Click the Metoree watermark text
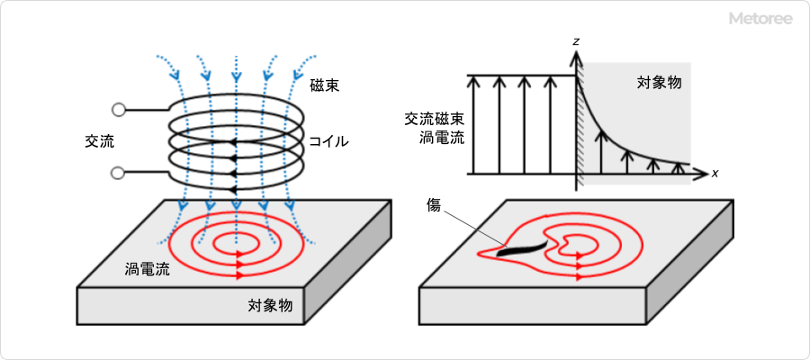point(761,18)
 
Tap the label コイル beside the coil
point(328,141)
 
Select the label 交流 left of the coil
point(99,141)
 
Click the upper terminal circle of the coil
point(118,110)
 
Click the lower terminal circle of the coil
point(118,172)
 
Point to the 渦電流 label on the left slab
point(147,269)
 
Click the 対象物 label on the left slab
point(270,305)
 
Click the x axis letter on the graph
point(715,173)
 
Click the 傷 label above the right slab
point(434,206)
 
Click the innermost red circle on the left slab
point(236,242)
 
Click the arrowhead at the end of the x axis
point(704,173)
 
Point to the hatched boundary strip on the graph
point(580,126)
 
